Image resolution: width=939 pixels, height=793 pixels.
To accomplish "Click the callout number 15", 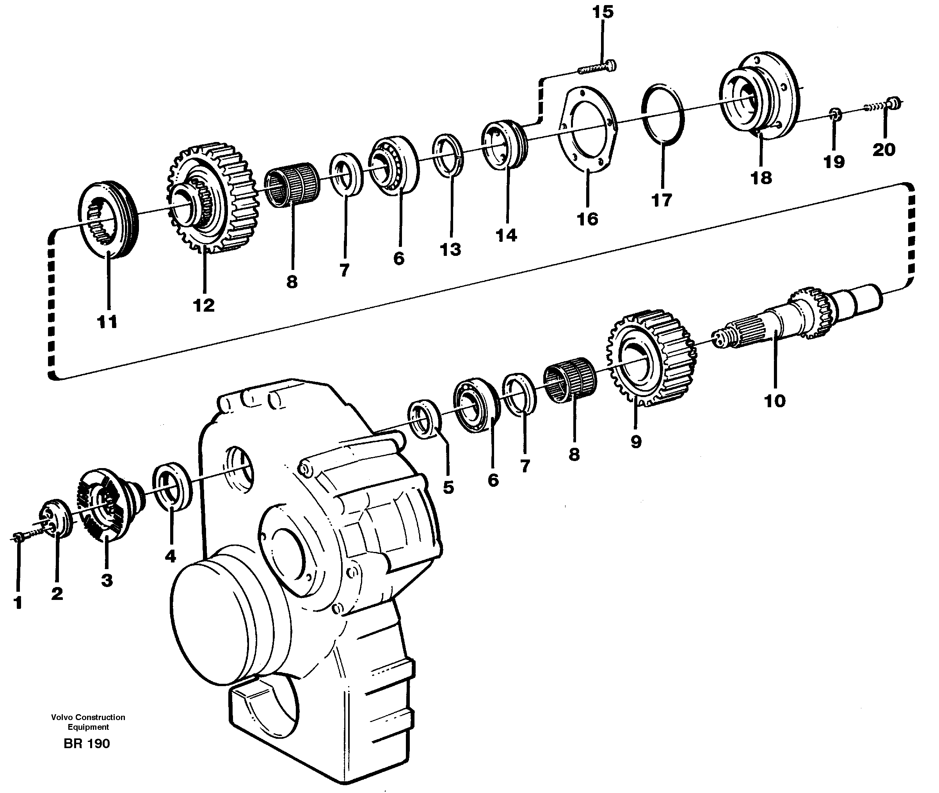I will tap(603, 12).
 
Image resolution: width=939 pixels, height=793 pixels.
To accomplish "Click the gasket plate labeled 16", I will tap(588, 130).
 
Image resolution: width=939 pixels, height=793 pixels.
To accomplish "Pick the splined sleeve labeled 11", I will tap(109, 220).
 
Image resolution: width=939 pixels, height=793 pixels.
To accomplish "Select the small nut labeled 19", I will tap(835, 114).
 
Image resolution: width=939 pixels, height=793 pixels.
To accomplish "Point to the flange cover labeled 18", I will tap(760, 99).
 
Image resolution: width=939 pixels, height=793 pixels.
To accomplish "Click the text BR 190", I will tap(87, 743).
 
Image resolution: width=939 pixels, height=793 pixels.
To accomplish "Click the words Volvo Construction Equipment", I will tap(88, 722).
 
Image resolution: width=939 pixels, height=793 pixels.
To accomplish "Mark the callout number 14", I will tap(506, 235).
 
